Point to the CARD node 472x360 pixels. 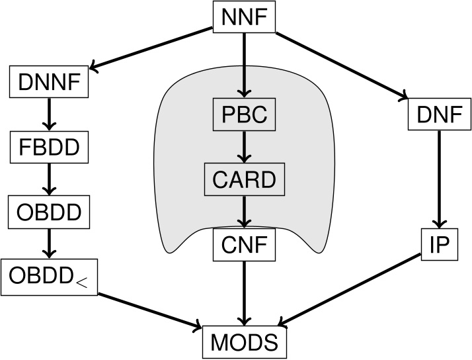pos(245,179)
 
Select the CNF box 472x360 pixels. pos(245,245)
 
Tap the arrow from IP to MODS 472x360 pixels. pos(350,291)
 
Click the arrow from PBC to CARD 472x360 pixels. pos(245,147)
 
